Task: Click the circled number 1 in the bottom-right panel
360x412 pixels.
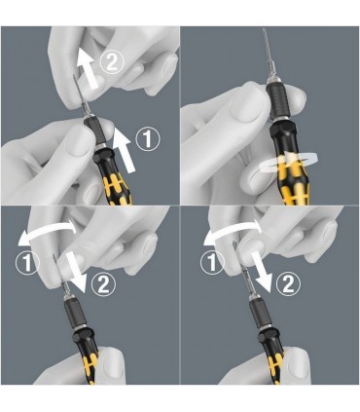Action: tap(206, 261)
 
